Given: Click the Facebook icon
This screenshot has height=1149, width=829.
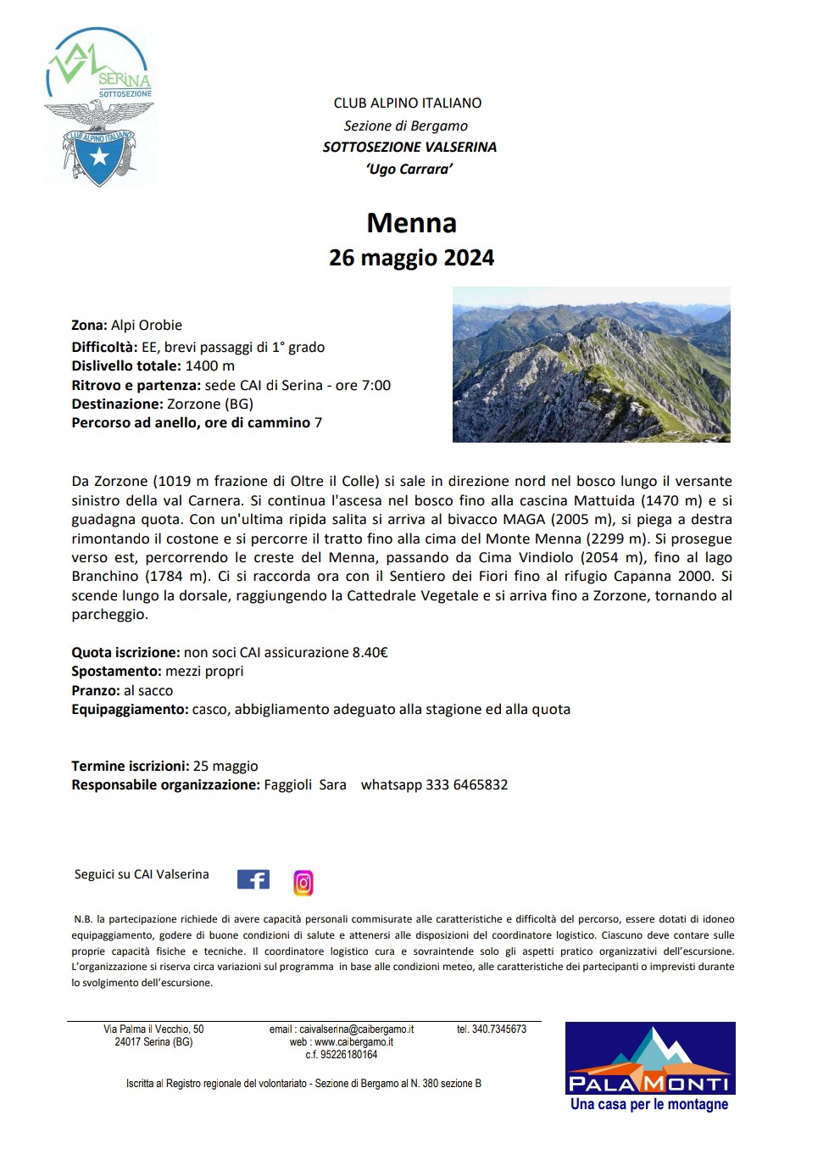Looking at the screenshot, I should coord(253,879).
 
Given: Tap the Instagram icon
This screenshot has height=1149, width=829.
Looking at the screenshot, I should coord(303,883).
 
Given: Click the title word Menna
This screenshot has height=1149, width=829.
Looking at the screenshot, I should coord(411,223).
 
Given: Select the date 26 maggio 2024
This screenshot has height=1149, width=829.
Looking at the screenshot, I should coord(411,258).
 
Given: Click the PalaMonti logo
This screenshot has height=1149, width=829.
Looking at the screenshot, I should coord(649,1066).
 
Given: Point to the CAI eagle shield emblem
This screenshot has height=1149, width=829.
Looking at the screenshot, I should coord(99,144).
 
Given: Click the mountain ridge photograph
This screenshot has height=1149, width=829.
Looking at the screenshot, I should coord(591,365).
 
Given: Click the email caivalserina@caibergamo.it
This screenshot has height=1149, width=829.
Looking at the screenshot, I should coord(356,1029).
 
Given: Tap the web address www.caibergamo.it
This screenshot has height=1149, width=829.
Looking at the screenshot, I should coord(353,1042).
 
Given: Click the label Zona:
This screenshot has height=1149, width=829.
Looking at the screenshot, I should coord(89,326).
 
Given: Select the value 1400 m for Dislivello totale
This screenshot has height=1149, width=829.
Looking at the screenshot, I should coord(209,366).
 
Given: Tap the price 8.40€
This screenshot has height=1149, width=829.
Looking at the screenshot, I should coord(370,653).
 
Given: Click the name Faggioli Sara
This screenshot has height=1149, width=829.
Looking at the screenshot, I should coord(304,785).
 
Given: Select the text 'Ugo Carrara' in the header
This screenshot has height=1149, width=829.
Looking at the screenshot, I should coord(409,170).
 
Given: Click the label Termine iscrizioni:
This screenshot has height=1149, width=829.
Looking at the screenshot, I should coord(130,767).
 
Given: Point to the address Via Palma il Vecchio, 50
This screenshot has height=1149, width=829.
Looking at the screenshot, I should coord(153,1029).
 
